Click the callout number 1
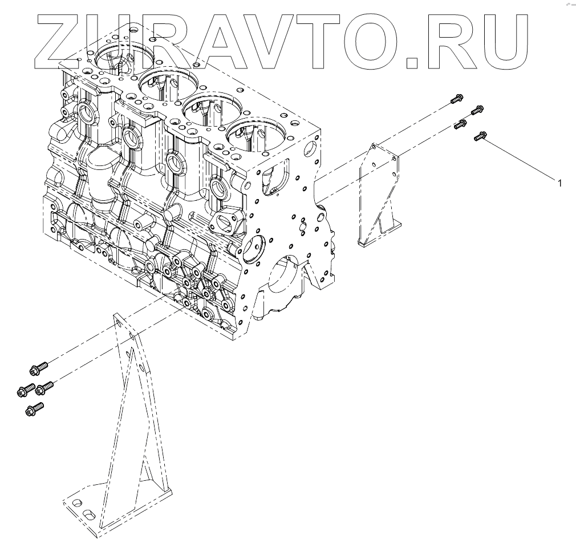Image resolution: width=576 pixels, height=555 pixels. coord(559,183)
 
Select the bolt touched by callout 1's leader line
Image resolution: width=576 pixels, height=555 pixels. coord(480,136)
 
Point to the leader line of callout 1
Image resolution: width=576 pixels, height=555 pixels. coord(519,159)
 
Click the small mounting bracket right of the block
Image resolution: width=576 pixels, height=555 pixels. coord(379,194)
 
